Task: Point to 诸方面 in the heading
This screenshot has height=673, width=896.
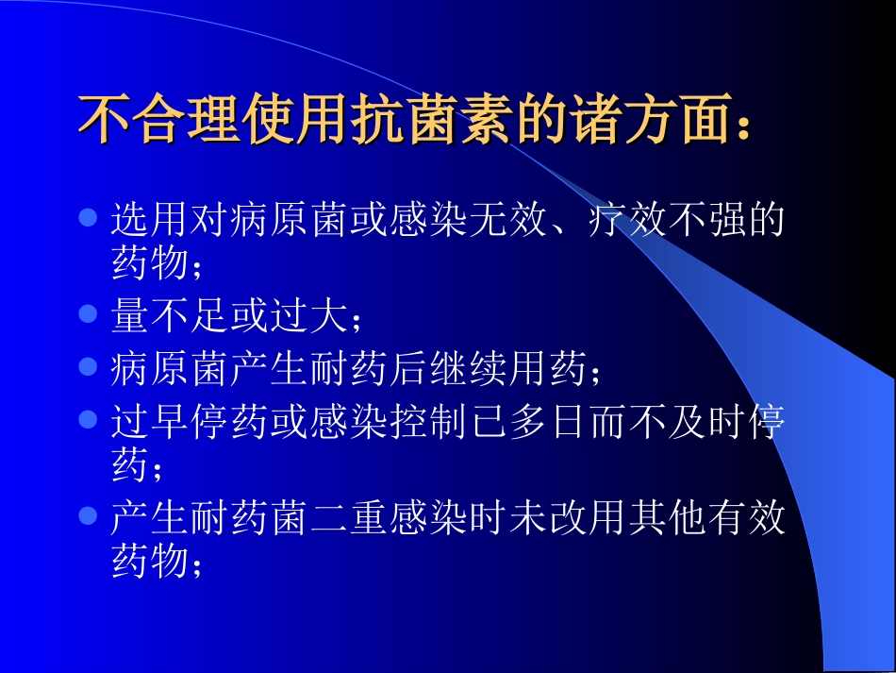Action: tap(644, 121)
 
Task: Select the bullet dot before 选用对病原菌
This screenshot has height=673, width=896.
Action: tap(88, 219)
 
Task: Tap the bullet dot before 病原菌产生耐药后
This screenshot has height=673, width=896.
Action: tap(88, 365)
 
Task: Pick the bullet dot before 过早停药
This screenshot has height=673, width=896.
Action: tap(88, 418)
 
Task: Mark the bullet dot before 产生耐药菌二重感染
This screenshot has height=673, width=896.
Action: tap(88, 515)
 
